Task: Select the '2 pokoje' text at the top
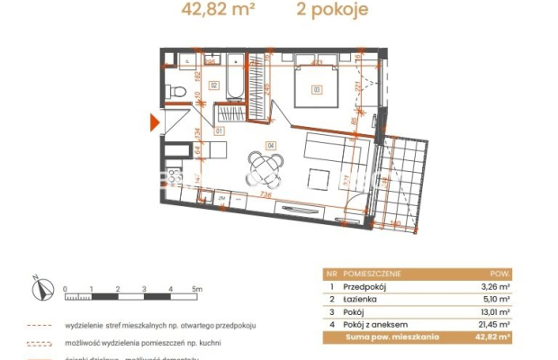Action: (333, 12)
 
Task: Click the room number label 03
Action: (317, 88)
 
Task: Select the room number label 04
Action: (269, 144)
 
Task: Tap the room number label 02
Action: (213, 85)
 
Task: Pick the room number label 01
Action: (219, 130)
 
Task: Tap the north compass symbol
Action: (37, 289)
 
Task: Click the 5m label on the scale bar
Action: (197, 289)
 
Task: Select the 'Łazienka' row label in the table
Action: (362, 302)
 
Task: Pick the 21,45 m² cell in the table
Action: (494, 325)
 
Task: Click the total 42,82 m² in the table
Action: (493, 337)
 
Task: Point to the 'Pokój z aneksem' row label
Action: (373, 325)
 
